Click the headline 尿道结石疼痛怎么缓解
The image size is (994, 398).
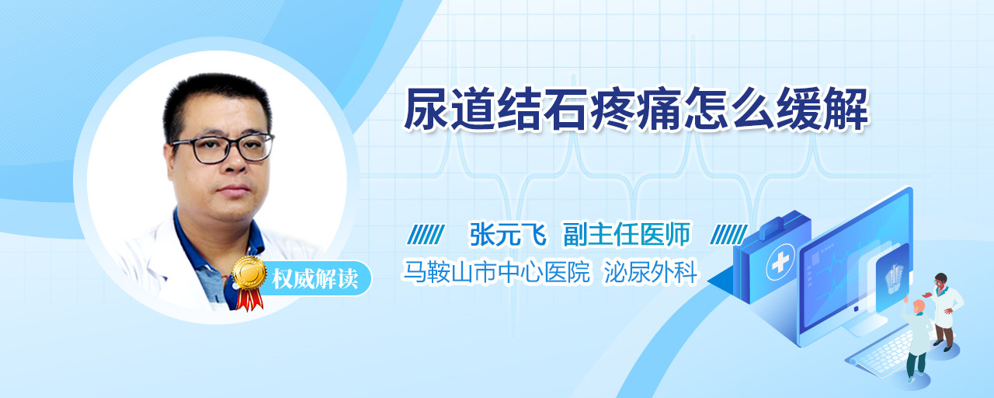(636, 109)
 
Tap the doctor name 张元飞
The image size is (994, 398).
(508, 234)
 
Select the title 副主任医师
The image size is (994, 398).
(627, 234)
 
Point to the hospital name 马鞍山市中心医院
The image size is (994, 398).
(496, 272)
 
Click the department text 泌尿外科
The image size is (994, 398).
(651, 272)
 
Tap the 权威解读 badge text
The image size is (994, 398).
(315, 279)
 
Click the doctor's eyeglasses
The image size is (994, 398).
(223, 148)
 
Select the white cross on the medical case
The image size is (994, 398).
(780, 263)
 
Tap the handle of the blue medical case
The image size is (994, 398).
(782, 222)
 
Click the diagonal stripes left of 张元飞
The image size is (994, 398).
(426, 235)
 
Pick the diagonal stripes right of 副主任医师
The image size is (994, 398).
(728, 235)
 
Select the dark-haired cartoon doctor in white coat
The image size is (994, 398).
(945, 311)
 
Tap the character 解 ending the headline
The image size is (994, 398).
(846, 109)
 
